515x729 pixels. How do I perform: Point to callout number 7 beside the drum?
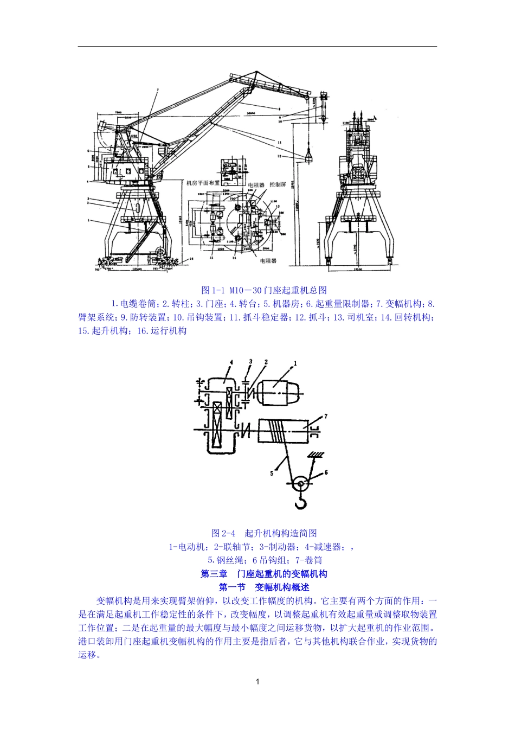point(325,416)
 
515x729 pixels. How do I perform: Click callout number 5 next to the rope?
point(272,473)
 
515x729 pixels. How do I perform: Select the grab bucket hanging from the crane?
point(307,156)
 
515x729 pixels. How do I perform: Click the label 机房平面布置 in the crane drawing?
point(203,183)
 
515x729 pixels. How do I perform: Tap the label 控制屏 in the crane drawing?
point(278,184)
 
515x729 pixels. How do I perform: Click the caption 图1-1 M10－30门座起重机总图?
point(264,290)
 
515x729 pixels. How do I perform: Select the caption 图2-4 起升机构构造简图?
point(264,533)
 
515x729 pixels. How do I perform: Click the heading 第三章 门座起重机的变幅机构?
point(264,574)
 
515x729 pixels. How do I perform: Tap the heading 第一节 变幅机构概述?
point(264,587)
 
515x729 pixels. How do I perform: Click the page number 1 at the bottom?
point(257,681)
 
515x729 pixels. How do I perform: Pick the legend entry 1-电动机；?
point(188,547)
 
